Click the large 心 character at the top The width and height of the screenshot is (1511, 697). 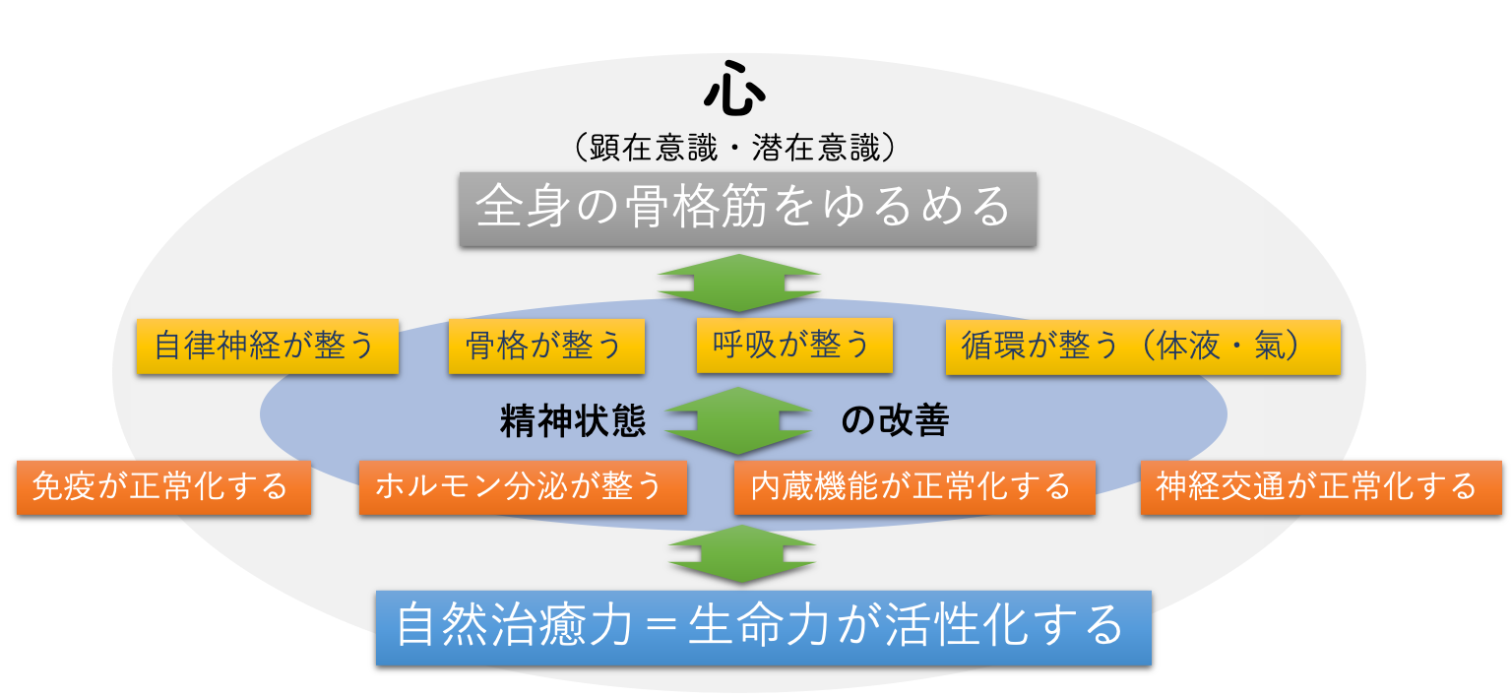coord(734,89)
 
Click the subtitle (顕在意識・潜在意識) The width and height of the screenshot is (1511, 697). coord(734,148)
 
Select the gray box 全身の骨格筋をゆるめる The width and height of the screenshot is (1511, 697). coord(747,209)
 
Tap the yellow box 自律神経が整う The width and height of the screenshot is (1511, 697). coord(268,347)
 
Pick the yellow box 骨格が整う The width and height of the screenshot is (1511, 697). coord(546,347)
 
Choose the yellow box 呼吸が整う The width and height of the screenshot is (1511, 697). coord(794,346)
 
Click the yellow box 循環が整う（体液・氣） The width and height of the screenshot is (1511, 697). coord(1143,347)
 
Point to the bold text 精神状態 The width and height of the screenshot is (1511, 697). coord(573,421)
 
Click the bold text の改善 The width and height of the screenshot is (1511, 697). coord(895,420)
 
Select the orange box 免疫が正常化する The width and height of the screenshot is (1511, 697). coord(164,488)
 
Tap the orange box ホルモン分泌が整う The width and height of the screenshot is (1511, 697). coord(523,488)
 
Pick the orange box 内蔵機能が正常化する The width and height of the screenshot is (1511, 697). coord(914,488)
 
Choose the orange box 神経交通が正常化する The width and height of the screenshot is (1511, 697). coord(1321,488)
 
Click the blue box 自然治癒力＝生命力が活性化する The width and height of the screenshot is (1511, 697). coord(764,628)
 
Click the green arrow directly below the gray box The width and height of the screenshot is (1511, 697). coord(738,284)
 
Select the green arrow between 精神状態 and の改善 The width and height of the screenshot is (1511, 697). coord(738,421)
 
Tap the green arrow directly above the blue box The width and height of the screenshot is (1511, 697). coord(742,554)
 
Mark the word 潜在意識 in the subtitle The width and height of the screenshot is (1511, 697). coord(816,148)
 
